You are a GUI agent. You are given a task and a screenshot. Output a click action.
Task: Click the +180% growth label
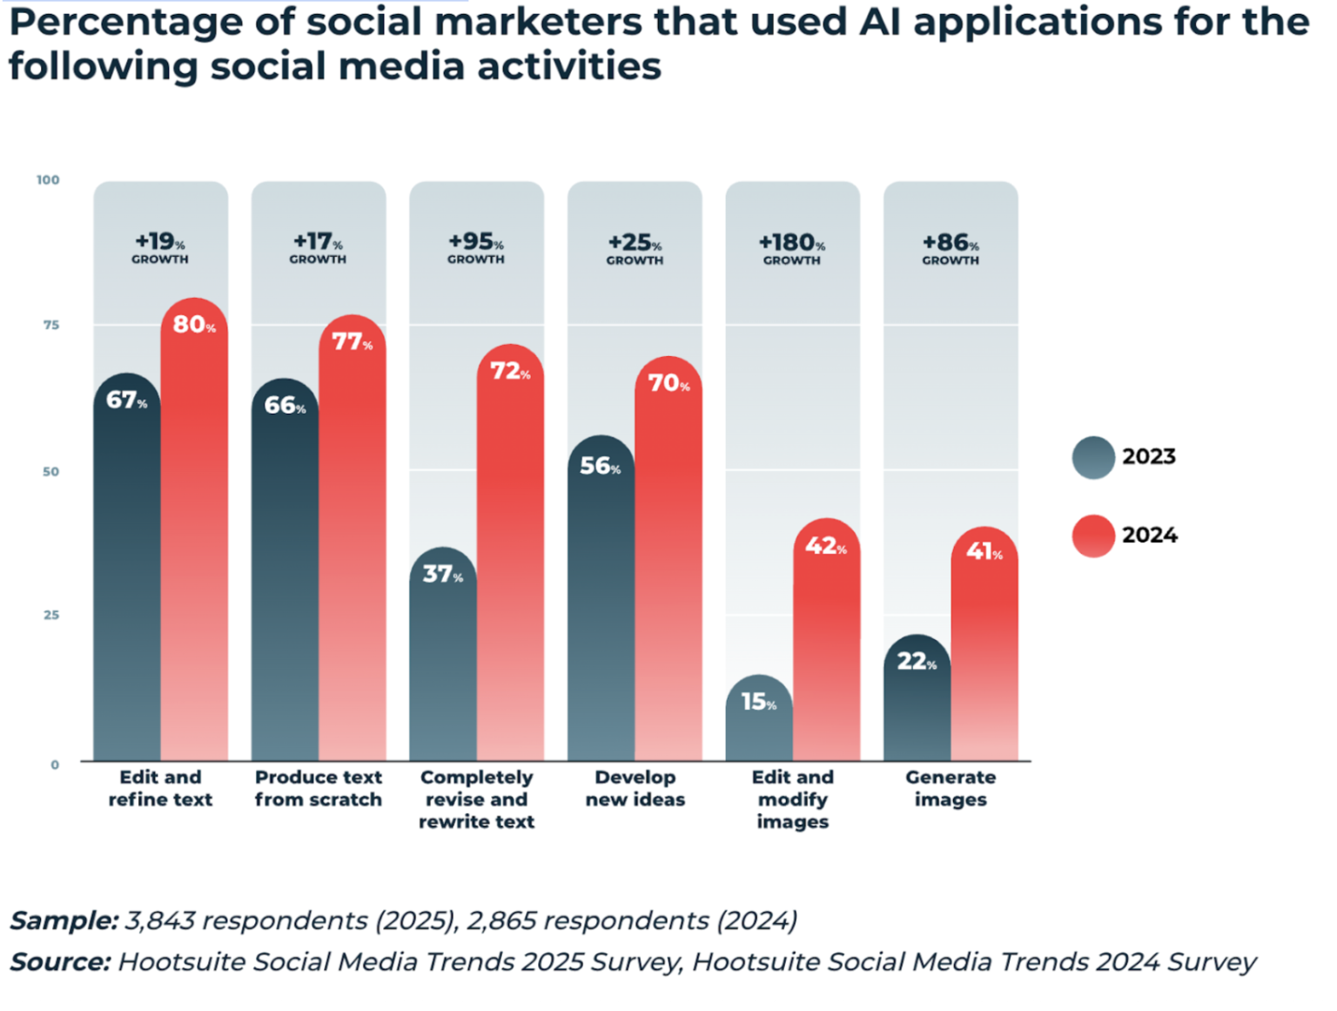point(792,247)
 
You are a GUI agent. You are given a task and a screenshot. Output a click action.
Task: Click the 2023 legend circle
point(1093,457)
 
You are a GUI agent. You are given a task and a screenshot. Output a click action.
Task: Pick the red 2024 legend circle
point(1093,536)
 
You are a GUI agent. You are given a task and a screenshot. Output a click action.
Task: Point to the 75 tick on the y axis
point(51,326)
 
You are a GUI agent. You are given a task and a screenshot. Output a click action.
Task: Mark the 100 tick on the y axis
point(48,180)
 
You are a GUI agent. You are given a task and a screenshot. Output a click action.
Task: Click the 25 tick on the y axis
point(51,616)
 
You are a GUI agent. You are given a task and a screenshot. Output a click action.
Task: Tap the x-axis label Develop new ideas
point(635,788)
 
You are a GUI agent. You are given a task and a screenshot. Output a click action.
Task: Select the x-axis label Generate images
point(951,788)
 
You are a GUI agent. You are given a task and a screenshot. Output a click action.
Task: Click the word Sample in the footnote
point(64,920)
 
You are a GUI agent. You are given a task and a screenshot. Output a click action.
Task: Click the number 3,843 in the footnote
point(159,920)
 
